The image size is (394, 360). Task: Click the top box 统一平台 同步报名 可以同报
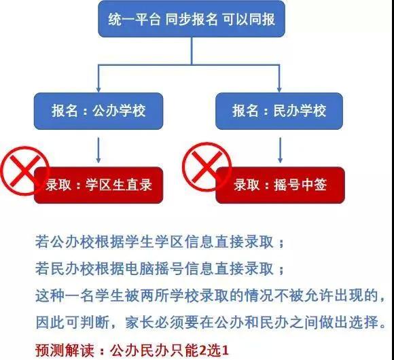[x=192, y=19]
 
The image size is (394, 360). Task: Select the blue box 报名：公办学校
[x=98, y=111]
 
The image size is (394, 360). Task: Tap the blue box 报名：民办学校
[x=279, y=111]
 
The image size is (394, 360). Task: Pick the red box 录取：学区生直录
[x=98, y=185]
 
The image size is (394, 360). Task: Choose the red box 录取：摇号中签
[x=280, y=185]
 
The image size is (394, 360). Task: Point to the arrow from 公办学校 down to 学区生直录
[x=98, y=150]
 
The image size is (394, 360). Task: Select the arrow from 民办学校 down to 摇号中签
[x=280, y=150]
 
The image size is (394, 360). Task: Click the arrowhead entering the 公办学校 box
[x=98, y=90]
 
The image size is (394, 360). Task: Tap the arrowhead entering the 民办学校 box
[x=279, y=90]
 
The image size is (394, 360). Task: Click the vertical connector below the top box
[x=192, y=51]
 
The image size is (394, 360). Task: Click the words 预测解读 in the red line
[x=65, y=350]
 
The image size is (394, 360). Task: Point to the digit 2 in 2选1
[x=203, y=350]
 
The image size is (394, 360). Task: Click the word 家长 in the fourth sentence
[x=139, y=323]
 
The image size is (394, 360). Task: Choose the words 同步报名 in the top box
[x=192, y=19]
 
